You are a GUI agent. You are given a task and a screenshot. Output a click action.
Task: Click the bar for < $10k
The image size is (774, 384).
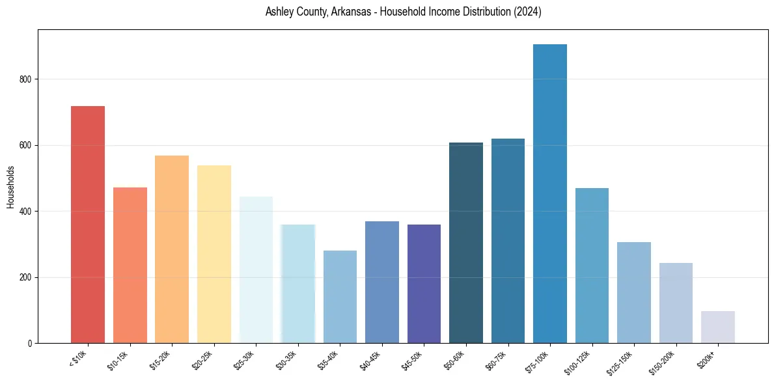(x=88, y=225)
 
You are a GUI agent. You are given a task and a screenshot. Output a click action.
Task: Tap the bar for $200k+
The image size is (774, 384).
(x=718, y=327)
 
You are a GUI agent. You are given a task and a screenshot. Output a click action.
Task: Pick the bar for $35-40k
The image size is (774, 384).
(x=340, y=297)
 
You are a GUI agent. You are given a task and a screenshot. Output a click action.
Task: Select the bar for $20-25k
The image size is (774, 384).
(x=214, y=254)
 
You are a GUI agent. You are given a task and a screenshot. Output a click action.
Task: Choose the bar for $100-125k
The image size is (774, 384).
(x=592, y=266)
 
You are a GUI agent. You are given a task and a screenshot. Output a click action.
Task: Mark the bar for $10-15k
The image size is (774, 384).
(x=130, y=266)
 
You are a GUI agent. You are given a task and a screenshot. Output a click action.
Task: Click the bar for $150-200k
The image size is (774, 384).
(x=676, y=303)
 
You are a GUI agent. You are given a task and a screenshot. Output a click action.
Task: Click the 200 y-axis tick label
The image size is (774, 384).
(x=26, y=277)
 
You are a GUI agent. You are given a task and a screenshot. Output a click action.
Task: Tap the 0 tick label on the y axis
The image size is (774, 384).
(x=30, y=344)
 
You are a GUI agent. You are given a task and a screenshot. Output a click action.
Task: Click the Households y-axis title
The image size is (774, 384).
(x=10, y=187)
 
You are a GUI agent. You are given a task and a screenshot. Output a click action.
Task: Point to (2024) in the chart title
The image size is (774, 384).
(x=527, y=12)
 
